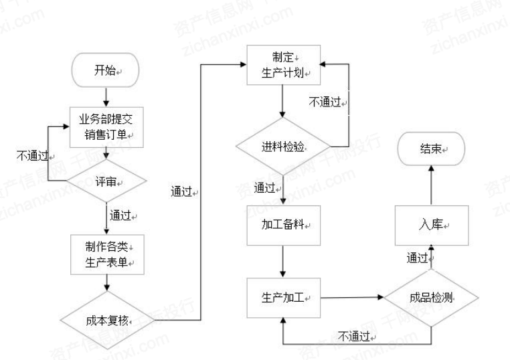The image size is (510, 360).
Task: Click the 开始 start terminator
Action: pyautogui.click(x=104, y=70)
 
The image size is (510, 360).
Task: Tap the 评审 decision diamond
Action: pyautogui.click(x=104, y=181)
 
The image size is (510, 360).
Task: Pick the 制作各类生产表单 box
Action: pyautogui.click(x=104, y=254)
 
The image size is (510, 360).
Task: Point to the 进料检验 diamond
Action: pyautogui.click(x=283, y=146)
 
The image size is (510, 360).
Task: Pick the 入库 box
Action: pyautogui.click(x=431, y=225)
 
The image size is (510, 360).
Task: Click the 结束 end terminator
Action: pyautogui.click(x=431, y=151)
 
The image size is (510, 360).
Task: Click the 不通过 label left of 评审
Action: pyautogui.click(x=31, y=155)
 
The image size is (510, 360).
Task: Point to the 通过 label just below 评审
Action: pyautogui.click(x=122, y=215)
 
